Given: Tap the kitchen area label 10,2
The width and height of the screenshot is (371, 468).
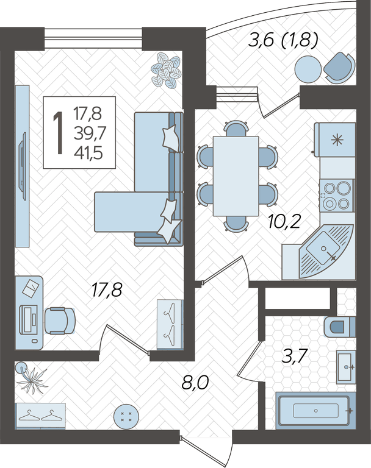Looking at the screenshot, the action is click(x=284, y=221).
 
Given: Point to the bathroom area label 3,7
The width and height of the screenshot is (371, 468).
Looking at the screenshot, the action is click(x=295, y=356).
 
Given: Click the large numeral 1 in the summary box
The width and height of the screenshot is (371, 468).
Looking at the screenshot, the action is click(x=59, y=133).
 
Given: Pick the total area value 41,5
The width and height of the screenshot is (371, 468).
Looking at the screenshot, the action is click(x=88, y=153).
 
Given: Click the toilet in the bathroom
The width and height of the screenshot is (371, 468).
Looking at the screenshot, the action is click(x=340, y=327).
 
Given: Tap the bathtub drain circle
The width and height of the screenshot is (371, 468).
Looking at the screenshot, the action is click(x=315, y=411).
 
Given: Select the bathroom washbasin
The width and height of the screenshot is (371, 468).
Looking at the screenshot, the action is click(x=346, y=367).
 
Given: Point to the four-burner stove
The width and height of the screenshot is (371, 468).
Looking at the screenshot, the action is click(x=337, y=196).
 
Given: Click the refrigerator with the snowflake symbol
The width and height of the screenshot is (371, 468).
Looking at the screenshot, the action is click(x=335, y=140).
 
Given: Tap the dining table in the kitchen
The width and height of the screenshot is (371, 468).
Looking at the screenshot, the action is click(x=236, y=175).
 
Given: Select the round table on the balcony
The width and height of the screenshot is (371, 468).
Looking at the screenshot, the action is click(x=308, y=69).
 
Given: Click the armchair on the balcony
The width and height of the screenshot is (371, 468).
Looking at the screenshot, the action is click(x=340, y=68).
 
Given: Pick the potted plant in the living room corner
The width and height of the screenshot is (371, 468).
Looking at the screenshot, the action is click(x=166, y=70).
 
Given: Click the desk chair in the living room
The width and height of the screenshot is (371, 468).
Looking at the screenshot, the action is click(x=60, y=321).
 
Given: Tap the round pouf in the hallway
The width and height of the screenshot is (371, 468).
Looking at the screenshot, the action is click(x=126, y=417).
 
